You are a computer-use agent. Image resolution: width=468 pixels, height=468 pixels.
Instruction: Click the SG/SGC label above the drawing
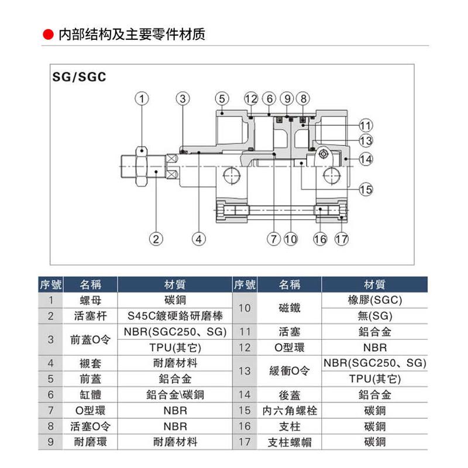click(x=79, y=77)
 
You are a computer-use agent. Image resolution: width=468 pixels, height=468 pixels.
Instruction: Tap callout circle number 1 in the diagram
click(x=142, y=98)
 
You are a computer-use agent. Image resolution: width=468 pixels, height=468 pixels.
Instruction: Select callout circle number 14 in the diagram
click(x=366, y=158)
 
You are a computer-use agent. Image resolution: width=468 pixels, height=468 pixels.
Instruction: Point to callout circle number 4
click(x=199, y=239)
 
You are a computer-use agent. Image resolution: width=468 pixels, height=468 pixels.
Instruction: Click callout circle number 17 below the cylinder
click(x=342, y=239)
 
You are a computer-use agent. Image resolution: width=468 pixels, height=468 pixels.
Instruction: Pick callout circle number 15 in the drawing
click(x=366, y=189)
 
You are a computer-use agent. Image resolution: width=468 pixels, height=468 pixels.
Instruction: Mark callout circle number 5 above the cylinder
click(x=221, y=98)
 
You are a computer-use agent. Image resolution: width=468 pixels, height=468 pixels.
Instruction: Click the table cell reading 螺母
click(x=90, y=301)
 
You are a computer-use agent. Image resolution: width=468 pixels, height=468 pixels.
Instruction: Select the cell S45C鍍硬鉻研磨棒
click(x=175, y=316)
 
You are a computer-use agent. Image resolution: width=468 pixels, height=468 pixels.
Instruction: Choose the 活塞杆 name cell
click(x=90, y=316)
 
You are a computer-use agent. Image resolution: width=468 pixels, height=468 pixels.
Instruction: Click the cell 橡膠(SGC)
click(x=374, y=301)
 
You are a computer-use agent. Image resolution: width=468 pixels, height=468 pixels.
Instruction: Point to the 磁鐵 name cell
click(x=289, y=308)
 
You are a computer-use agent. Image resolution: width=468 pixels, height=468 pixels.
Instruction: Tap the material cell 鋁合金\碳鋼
click(x=175, y=395)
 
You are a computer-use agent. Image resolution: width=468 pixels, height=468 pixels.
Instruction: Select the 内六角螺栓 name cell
click(x=289, y=411)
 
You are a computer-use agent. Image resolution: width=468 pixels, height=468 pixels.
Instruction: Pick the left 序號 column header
click(x=50, y=285)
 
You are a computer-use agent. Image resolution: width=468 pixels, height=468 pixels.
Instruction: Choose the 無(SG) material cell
click(x=374, y=316)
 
